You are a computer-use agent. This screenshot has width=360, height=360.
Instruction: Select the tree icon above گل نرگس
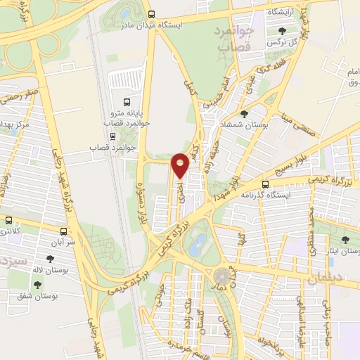point(281,31)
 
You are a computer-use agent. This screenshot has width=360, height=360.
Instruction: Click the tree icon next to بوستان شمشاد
point(244,113)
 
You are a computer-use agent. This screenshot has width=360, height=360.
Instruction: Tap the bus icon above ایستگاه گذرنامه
point(266,182)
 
